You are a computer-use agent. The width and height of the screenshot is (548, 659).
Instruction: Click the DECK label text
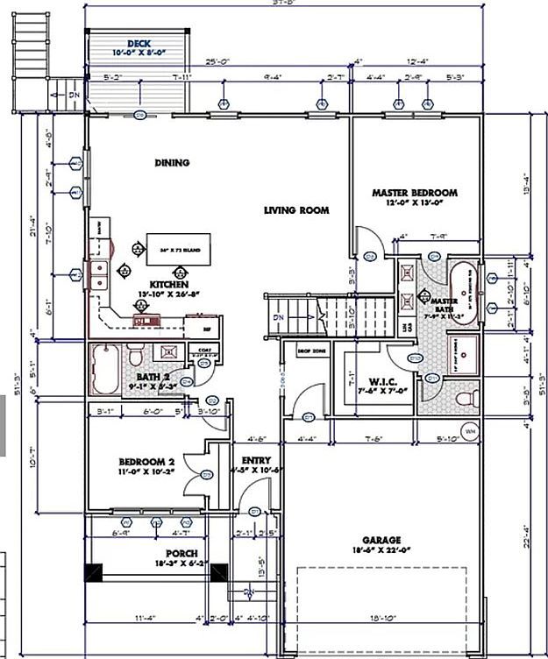coord(139,43)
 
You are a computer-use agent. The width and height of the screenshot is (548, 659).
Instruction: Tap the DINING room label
coord(173,162)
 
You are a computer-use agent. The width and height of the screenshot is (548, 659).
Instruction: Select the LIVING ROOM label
coord(297,210)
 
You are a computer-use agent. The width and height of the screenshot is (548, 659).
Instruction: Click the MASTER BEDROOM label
coord(415,193)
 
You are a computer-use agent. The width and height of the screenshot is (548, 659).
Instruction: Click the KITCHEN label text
coord(167,285)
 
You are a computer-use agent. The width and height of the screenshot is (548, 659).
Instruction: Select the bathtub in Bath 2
coord(106,371)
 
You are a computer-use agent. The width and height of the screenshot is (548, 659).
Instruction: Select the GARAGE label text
coord(381,540)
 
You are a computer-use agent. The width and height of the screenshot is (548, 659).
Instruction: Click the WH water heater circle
coord(469,432)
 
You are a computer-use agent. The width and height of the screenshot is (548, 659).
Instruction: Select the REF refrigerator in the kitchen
coord(207,329)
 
